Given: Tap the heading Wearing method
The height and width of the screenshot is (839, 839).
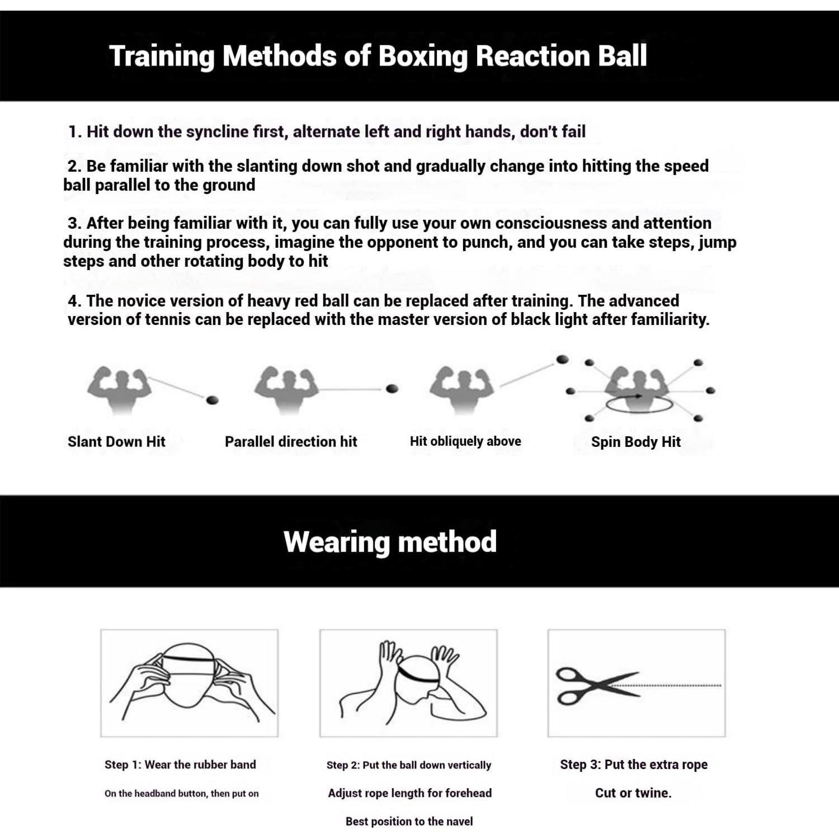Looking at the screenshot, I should (390, 541).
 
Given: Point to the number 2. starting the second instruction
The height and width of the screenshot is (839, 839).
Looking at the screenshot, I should (75, 166).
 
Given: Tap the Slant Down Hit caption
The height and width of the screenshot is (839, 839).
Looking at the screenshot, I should (116, 442).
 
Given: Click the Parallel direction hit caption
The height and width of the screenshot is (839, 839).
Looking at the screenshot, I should (290, 442).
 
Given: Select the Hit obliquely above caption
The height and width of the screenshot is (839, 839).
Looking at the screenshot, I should (465, 441).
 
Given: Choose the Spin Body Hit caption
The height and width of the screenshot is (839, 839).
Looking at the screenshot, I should (635, 442).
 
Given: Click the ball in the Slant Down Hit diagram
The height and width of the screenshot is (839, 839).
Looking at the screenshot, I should (213, 400).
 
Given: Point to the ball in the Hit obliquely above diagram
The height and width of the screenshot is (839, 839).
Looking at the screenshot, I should (562, 359).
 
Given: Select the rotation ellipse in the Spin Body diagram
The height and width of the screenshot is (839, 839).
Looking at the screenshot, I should (639, 404).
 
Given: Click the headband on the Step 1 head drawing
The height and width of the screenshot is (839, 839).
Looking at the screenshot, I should (188, 659).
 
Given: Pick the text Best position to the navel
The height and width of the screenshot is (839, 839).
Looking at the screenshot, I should (409, 821).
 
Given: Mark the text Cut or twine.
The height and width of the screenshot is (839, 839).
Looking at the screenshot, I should (633, 793).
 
